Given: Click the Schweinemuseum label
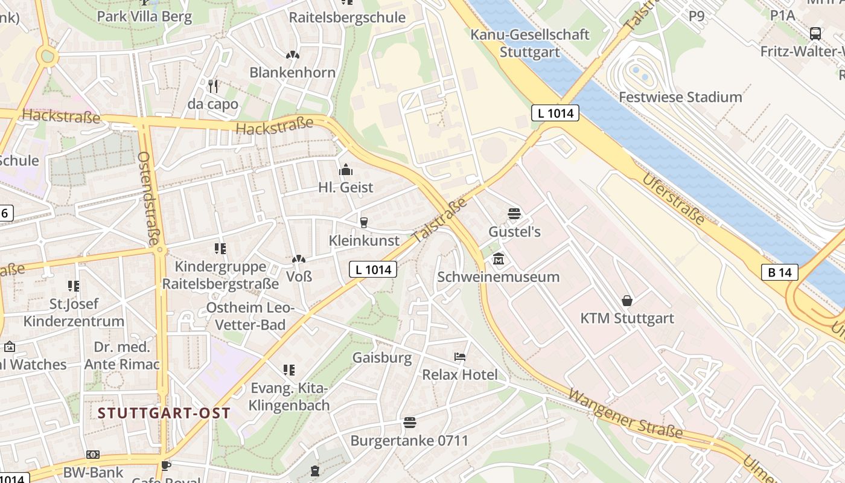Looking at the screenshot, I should click(x=498, y=277).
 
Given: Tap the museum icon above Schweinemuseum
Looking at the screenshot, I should click(x=499, y=260).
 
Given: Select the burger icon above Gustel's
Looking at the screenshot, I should click(x=514, y=214).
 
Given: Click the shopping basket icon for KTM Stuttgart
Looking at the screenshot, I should click(x=627, y=300).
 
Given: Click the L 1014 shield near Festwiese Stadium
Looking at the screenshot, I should click(x=555, y=112).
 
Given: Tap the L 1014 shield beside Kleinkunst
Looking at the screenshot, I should click(x=373, y=269).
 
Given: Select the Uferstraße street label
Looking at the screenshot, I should click(x=673, y=199).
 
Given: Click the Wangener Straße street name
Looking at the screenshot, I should click(x=625, y=414).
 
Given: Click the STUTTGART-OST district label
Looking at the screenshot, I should click(x=164, y=413).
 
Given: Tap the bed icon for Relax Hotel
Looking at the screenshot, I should click(x=460, y=357).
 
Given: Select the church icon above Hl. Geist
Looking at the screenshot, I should click(x=346, y=170).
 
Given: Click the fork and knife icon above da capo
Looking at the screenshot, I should click(x=212, y=86).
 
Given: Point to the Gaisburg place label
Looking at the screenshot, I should click(x=382, y=357).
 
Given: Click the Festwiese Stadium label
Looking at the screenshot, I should click(x=680, y=97).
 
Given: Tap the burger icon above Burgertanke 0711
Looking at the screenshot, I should click(x=410, y=422).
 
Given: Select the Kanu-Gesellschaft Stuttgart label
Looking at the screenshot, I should click(x=529, y=43).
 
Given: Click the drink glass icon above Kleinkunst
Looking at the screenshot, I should click(x=363, y=223).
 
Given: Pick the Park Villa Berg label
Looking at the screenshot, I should click(x=144, y=16).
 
